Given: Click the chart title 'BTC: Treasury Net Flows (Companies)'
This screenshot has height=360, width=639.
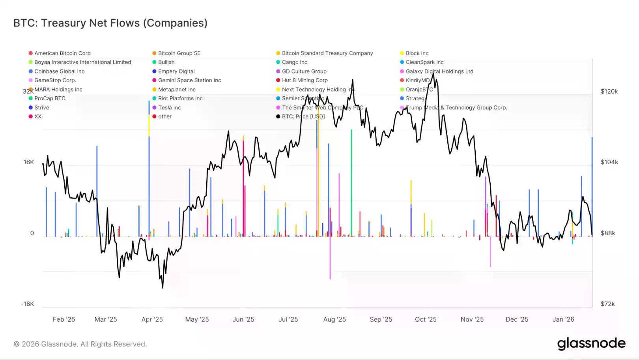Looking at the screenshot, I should coord(110,23).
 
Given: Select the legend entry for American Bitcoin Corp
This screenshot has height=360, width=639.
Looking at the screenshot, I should coord(62,53).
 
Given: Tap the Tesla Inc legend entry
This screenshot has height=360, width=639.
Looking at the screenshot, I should coord(169,108).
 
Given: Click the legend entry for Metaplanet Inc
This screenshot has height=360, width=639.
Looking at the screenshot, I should coord(177,90).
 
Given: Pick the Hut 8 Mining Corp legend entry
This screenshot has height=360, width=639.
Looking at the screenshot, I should coord(305,81).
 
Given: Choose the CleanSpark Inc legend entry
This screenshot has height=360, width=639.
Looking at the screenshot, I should coord(424,62).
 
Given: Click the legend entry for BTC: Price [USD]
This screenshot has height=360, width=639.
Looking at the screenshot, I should coord(303,117).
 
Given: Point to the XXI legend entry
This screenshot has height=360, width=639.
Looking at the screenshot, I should coord(38,117).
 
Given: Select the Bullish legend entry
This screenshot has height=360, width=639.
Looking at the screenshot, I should coord(166,62).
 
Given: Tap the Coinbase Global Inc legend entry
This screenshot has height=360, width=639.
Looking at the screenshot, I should coord(59,71).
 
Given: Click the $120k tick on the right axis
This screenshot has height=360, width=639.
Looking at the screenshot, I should coord(609,92).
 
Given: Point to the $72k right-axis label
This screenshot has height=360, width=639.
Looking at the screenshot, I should coord(607,304).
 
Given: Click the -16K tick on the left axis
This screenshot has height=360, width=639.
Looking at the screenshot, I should coord(27,304).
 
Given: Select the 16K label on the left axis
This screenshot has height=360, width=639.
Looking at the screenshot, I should coord(29,162).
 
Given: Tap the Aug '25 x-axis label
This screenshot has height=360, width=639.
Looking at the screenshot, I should coord(334,320).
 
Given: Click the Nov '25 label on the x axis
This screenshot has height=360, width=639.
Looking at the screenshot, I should coord(472,320).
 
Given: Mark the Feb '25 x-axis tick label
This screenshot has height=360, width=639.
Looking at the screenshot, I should coord(64,320).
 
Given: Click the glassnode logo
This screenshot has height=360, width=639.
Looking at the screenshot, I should coord(591,343).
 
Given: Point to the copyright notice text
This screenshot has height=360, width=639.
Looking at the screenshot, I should coord(80,344).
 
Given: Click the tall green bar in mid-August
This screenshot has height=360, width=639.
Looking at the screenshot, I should coord(351,182).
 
